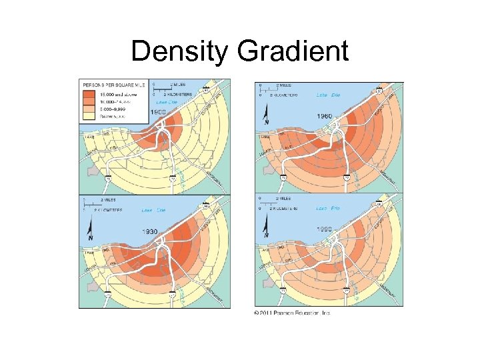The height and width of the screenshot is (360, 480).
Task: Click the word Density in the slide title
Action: tap(178, 51)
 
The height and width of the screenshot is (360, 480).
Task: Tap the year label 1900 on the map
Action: tap(158, 113)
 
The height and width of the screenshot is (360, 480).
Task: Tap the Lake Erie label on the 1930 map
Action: tap(154, 210)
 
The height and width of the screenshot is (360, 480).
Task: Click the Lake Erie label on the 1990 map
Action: tap(328, 209)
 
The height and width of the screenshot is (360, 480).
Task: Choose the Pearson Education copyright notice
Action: tap(291, 312)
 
